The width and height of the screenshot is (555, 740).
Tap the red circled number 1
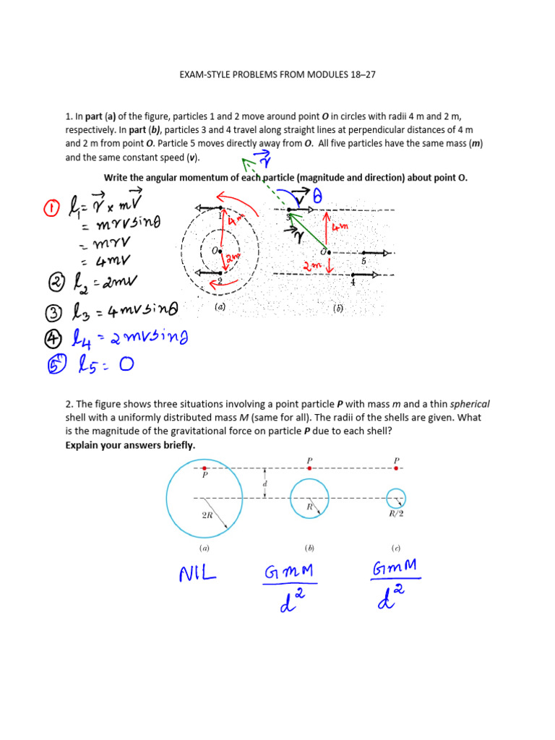[53, 210]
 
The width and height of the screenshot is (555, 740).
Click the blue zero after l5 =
[126, 366]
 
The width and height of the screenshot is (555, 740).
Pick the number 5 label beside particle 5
[363, 260]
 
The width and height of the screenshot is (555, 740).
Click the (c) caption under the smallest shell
[396, 548]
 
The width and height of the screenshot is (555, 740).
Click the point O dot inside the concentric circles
[221, 251]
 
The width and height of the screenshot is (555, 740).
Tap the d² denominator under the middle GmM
[291, 602]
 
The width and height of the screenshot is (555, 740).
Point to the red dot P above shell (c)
[396, 468]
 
